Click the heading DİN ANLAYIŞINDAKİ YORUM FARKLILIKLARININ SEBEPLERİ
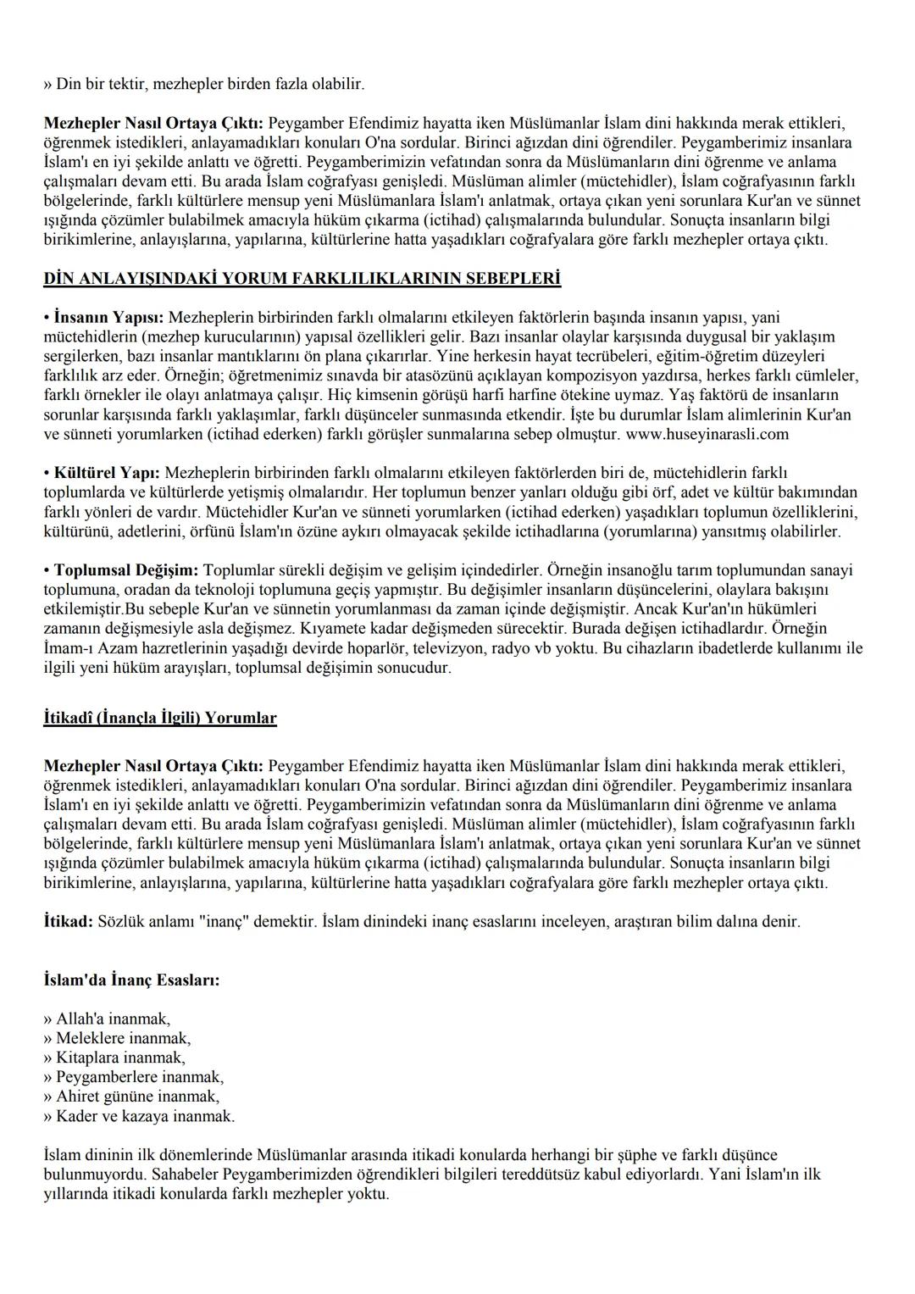click(302, 279)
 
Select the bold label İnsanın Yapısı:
click(110, 318)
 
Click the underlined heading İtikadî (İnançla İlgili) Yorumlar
click(160, 719)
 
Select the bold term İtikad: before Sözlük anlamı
click(69, 921)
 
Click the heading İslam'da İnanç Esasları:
click(131, 980)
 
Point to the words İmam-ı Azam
click(84, 649)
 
